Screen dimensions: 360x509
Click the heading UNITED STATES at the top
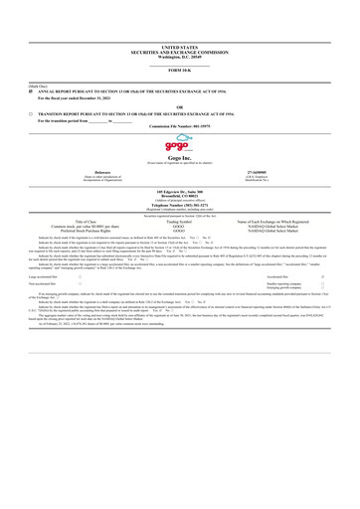coord(179,46)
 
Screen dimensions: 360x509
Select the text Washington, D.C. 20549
coord(179,56)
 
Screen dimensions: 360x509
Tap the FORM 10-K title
coord(179,70)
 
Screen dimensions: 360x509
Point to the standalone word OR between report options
coord(179,106)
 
